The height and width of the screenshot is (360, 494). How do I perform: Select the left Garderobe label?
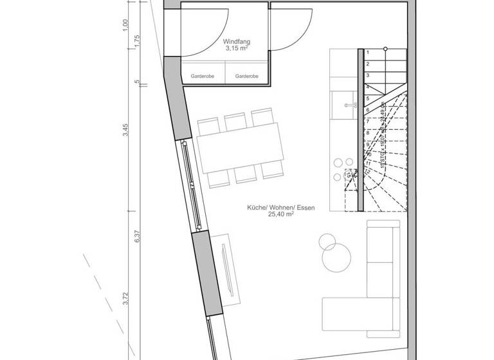pos(202,76)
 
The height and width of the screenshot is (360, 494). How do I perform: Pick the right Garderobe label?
pos(247,76)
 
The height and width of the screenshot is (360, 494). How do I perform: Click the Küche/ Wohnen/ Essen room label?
pos(280,208)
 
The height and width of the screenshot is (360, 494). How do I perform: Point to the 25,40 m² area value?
pos(281,216)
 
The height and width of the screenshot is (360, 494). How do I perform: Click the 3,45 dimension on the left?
pos(127,130)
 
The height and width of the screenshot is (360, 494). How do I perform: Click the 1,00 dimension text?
pos(127,24)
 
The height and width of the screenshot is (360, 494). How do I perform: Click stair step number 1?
pos(367,52)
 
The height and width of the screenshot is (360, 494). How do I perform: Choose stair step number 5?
pos(367,98)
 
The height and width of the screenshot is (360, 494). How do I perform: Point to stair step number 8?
pos(367,133)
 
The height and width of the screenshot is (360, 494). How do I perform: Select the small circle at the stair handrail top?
pos(385,49)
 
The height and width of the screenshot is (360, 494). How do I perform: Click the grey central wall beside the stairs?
pos(361,129)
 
